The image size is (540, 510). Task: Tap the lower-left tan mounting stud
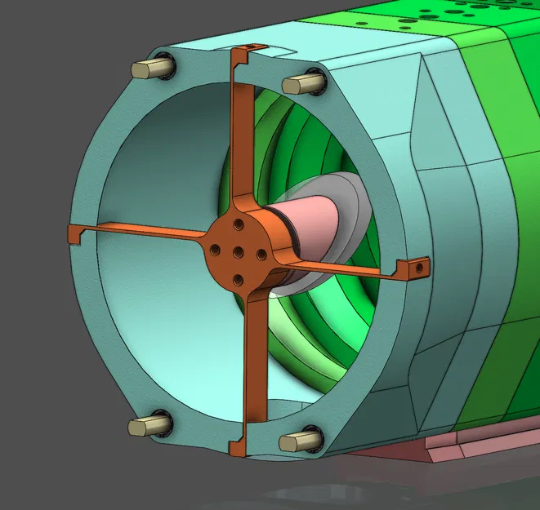coord(147,425)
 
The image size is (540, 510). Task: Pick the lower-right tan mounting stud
coord(296,441)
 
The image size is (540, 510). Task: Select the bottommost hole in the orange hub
coord(237,280)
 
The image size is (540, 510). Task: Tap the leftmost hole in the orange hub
coord(215,251)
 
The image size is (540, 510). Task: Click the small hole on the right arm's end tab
coord(420,264)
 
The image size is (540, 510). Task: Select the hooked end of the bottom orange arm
coord(239,448)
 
